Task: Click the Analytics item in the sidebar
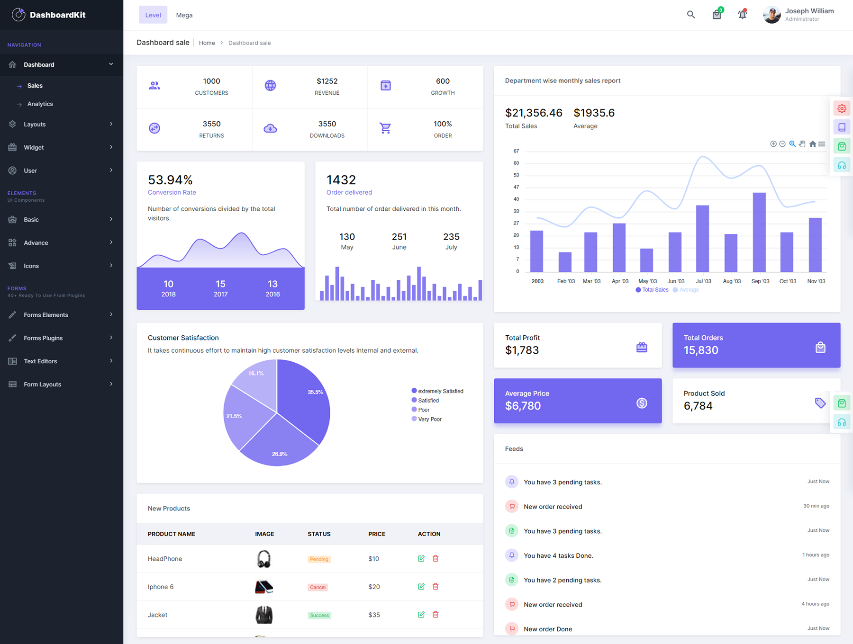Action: [x=40, y=104]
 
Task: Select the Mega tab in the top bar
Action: [x=184, y=15]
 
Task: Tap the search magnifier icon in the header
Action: [x=691, y=15]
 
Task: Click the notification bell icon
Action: [x=742, y=15]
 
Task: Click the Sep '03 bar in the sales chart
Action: [x=759, y=232]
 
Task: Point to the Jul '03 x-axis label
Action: [x=703, y=281]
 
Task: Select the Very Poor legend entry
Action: [x=429, y=420]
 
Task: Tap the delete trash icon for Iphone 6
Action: [x=436, y=587]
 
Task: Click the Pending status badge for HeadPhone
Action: [x=319, y=559]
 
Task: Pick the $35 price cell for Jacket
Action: [x=374, y=615]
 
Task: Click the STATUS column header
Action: [x=319, y=534]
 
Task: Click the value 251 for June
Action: [x=399, y=237]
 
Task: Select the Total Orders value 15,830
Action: [x=701, y=350]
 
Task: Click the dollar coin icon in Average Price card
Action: [x=642, y=403]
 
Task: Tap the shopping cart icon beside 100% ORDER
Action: [x=385, y=128]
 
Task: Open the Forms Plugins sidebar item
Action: [x=43, y=338]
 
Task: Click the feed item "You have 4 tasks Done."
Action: [x=558, y=556]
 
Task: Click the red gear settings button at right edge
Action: [x=842, y=108]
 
